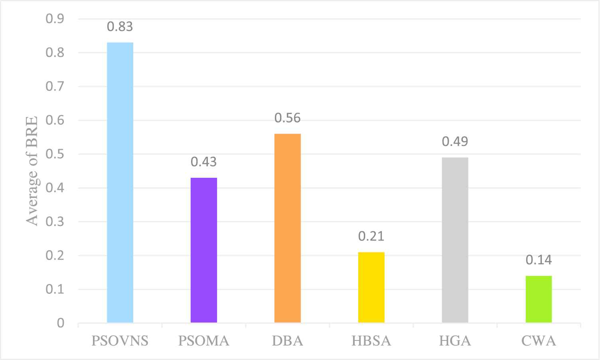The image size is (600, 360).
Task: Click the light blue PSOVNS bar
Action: tap(120, 182)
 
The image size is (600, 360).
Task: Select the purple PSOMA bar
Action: tap(204, 250)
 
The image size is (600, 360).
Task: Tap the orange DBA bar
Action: tap(288, 228)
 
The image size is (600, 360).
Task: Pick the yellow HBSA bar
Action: tap(371, 287)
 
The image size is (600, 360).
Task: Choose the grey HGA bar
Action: tap(455, 240)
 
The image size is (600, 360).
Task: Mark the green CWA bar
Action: tap(539, 299)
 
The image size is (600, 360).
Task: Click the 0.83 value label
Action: tap(120, 27)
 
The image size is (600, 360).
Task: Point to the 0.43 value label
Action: tap(204, 162)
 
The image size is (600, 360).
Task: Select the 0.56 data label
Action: tap(288, 118)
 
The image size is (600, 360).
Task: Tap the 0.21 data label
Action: tap(371, 236)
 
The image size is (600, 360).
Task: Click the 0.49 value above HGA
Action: tap(455, 142)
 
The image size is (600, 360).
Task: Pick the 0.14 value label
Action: tap(539, 260)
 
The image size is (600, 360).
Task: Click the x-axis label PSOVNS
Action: tap(120, 341)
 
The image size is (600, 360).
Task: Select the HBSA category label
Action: tap(371, 341)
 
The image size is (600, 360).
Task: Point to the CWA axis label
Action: tap(539, 341)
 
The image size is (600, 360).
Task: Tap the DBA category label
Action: tap(288, 341)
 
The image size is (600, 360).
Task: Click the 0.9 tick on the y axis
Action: tap(55, 19)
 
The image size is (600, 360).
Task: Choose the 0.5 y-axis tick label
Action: tap(55, 154)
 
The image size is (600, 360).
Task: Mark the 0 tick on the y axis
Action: tap(60, 323)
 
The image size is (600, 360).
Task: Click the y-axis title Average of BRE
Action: tap(32, 171)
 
